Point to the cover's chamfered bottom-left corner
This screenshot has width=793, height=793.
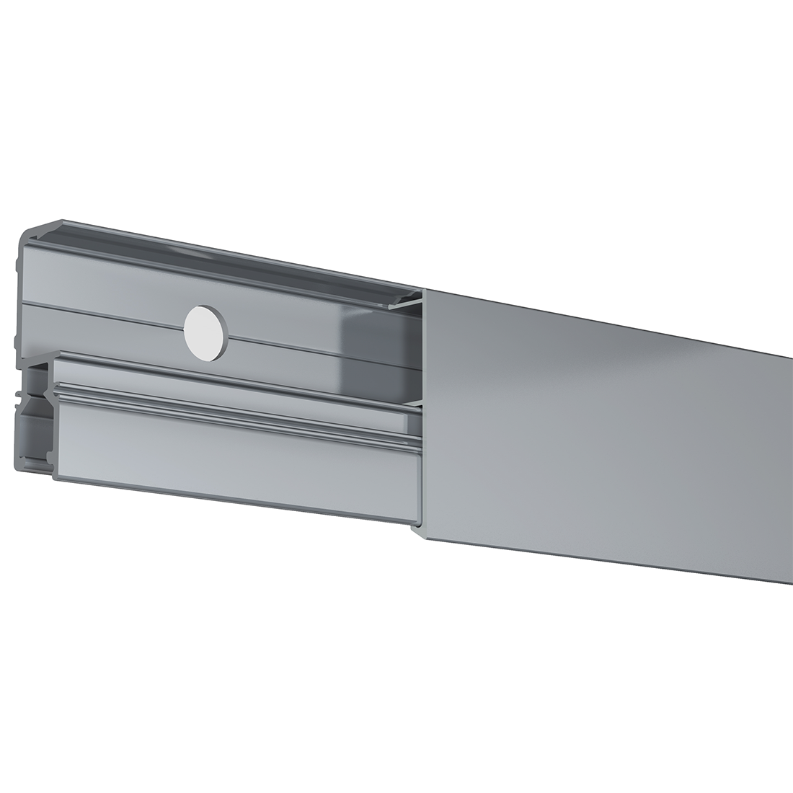coord(417,532)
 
